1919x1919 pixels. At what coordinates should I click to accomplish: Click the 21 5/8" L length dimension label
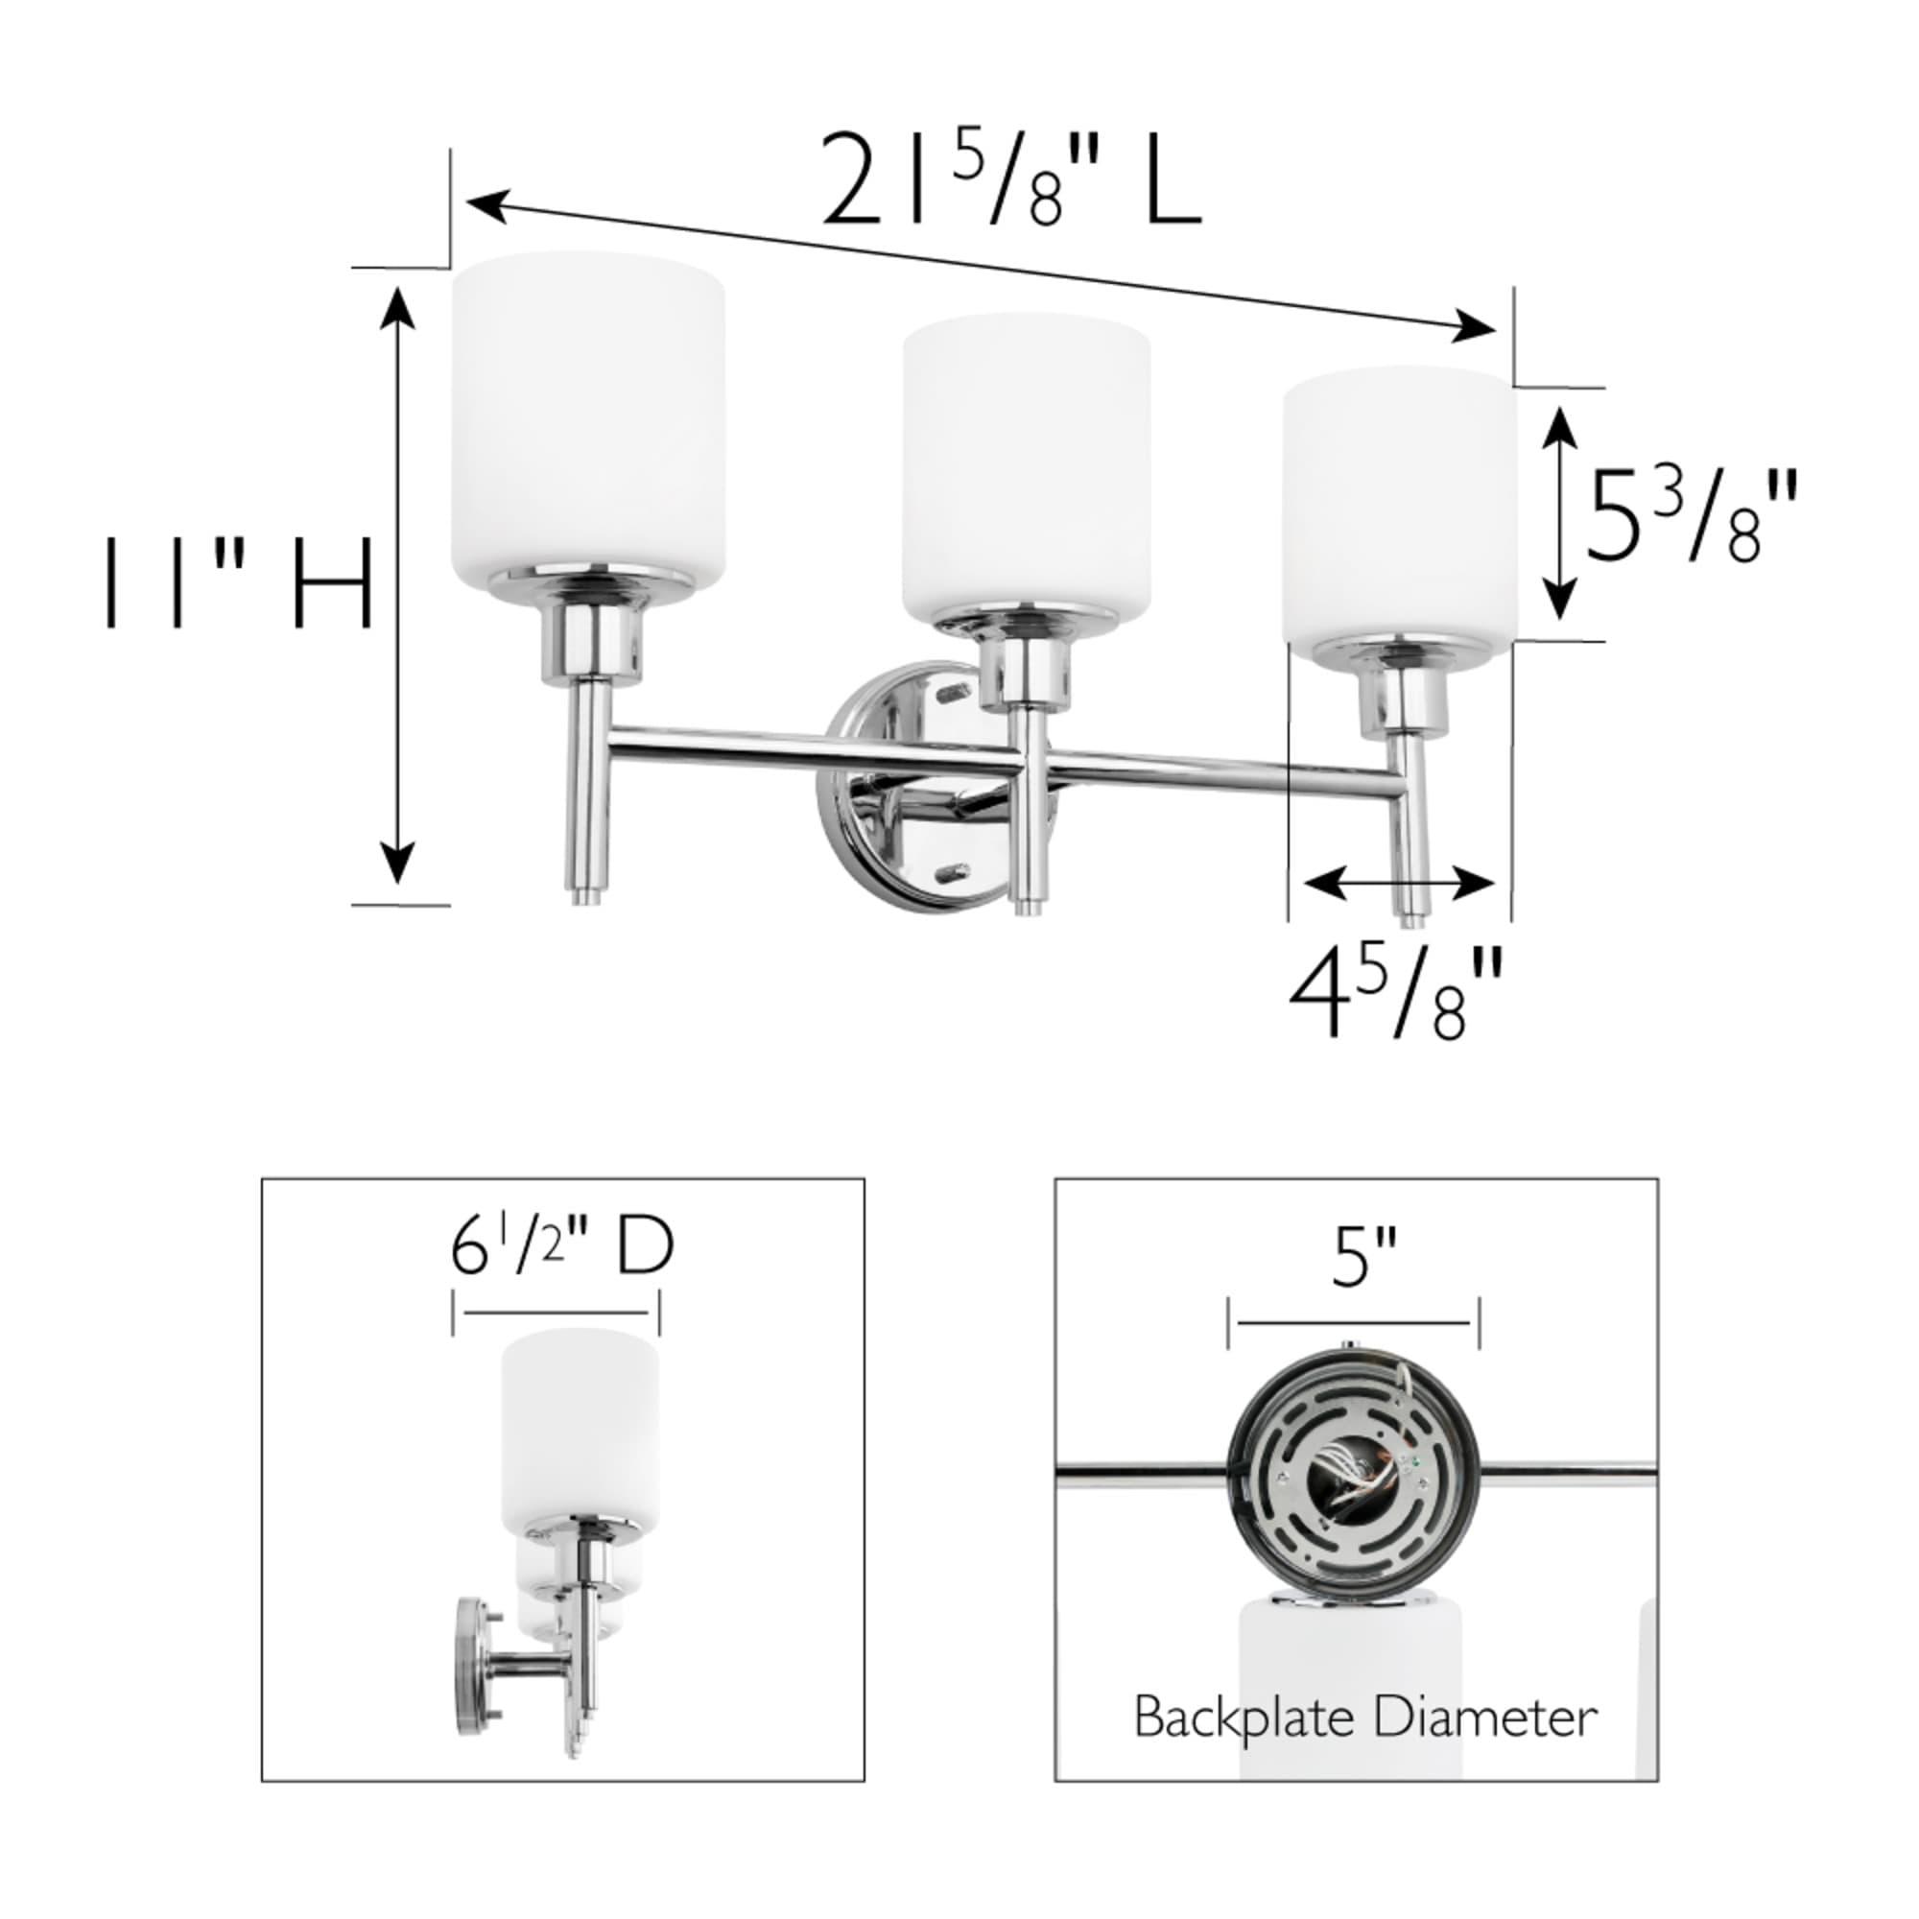tap(1011, 180)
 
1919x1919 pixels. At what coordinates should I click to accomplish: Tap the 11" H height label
tap(238, 584)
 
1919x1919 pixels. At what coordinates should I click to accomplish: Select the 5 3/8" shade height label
tap(1690, 516)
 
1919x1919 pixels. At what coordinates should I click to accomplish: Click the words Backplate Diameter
tap(1364, 1717)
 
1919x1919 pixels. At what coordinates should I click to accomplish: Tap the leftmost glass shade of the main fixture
tap(587, 417)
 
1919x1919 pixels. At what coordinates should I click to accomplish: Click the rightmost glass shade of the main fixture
tap(1399, 507)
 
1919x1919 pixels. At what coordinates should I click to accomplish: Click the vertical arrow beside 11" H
tap(398, 584)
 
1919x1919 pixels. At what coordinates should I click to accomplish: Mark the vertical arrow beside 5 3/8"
tap(1560, 512)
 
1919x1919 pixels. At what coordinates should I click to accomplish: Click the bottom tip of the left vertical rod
tap(590, 899)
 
